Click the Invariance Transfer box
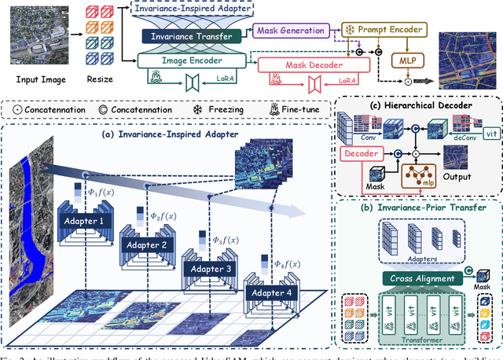click(x=191, y=36)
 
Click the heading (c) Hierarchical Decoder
click(x=417, y=104)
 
